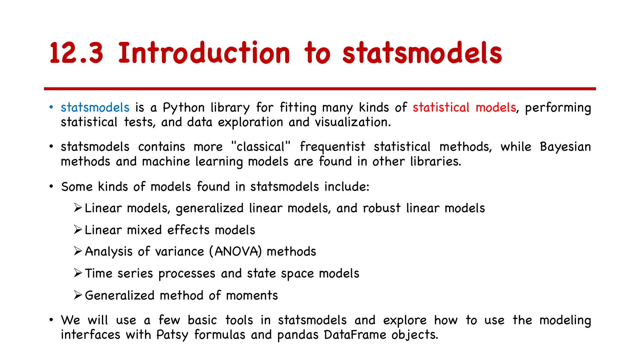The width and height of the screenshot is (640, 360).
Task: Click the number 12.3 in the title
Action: [x=76, y=53]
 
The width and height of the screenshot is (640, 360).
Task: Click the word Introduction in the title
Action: [x=204, y=53]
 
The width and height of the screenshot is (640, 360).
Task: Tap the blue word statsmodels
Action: [x=95, y=107]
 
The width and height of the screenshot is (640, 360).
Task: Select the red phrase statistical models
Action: [x=464, y=107]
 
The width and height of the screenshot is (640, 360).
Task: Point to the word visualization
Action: [x=352, y=122]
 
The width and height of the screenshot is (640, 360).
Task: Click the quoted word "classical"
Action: [x=261, y=147]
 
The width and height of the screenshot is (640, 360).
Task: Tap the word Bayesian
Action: [x=565, y=147]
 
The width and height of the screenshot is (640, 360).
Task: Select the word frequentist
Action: [x=332, y=147]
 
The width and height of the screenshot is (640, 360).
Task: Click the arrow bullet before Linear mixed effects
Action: [x=78, y=230]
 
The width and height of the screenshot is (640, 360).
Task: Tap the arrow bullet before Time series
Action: [x=78, y=273]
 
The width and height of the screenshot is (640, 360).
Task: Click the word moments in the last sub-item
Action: [x=252, y=295]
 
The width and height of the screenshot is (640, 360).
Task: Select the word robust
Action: [x=382, y=208]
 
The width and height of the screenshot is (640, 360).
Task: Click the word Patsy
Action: [x=172, y=335]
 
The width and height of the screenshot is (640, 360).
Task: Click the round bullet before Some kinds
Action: [x=51, y=187]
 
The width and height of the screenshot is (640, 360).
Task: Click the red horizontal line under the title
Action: [x=320, y=89]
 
